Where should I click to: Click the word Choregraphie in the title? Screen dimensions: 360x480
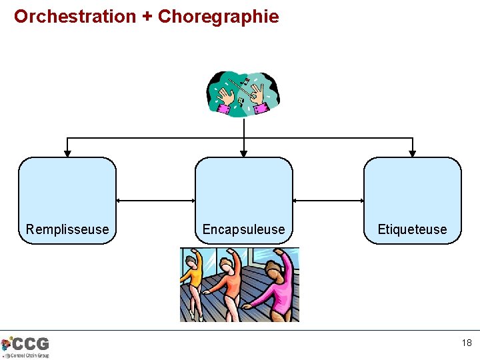click(x=219, y=16)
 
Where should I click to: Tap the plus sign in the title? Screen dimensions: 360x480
click(x=147, y=17)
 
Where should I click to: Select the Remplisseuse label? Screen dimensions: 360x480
click(x=67, y=229)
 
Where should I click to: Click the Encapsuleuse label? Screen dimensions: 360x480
click(x=243, y=229)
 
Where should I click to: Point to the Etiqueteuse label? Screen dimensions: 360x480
click(x=412, y=229)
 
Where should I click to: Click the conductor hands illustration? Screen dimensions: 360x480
click(x=243, y=93)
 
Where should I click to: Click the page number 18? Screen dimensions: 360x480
click(x=466, y=343)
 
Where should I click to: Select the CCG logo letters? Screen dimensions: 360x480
click(x=31, y=343)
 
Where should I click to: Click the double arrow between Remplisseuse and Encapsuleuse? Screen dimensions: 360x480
click(x=155, y=200)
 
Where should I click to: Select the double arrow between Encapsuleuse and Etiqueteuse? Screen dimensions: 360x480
click(x=328, y=200)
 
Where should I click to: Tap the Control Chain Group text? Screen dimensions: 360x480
click(x=29, y=355)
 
